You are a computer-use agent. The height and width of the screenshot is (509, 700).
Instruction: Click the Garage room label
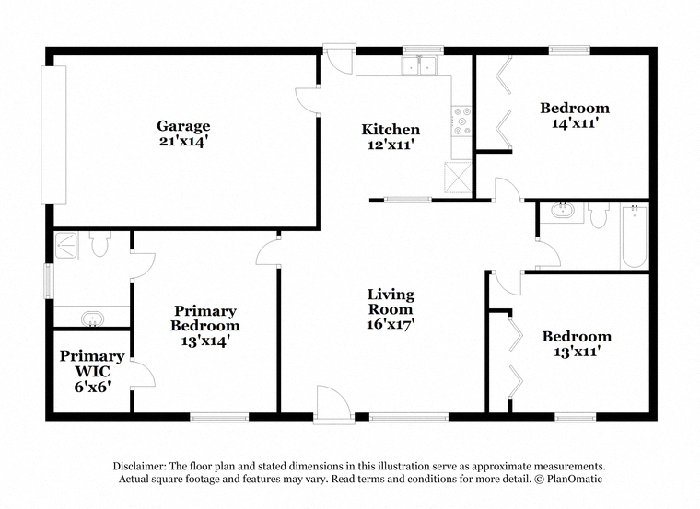click(183, 126)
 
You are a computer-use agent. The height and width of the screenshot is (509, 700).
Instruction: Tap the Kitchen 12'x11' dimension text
click(391, 145)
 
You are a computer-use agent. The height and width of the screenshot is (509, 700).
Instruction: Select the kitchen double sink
click(419, 65)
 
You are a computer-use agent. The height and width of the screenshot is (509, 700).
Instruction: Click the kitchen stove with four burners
click(461, 121)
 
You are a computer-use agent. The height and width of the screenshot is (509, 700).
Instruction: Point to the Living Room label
click(391, 302)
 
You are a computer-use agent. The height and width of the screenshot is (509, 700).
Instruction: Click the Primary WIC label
click(92, 364)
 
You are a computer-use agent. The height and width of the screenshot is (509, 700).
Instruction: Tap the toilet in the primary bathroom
click(99, 244)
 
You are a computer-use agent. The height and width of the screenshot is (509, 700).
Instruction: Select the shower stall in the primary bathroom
click(66, 246)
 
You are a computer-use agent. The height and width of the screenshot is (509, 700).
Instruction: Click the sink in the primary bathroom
click(92, 319)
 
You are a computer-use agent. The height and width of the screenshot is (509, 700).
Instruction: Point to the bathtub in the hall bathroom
click(634, 236)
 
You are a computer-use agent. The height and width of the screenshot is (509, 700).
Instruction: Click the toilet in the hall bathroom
click(598, 215)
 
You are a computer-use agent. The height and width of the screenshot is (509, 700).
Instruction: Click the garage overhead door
click(53, 135)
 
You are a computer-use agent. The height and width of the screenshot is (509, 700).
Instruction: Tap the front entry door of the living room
click(332, 404)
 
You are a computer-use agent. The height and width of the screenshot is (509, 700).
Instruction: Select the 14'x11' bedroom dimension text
click(575, 123)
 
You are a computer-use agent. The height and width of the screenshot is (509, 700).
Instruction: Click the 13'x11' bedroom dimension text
click(577, 352)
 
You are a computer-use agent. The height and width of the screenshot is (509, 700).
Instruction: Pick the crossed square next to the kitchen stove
click(458, 177)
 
